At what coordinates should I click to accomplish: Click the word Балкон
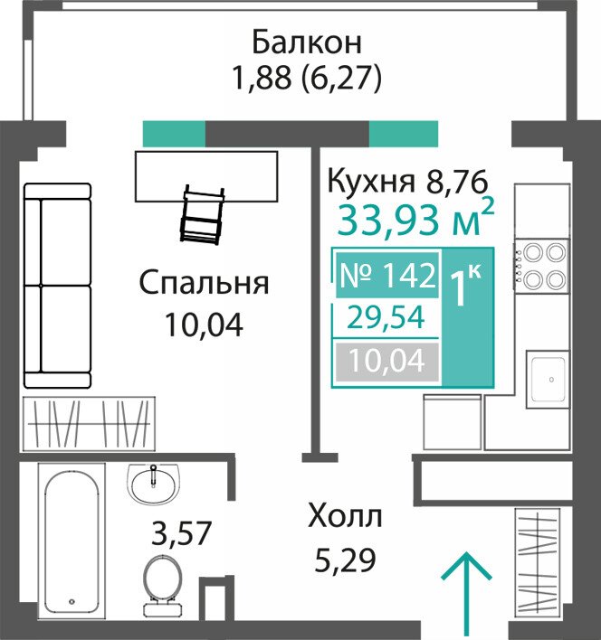(307, 42)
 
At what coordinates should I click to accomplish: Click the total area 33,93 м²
(416, 220)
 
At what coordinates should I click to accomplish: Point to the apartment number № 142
(387, 275)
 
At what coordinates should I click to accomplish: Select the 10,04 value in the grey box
(387, 361)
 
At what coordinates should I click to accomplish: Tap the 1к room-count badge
(465, 285)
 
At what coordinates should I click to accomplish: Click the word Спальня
(205, 283)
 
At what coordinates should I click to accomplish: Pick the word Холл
(345, 516)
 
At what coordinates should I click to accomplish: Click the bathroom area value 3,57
(181, 532)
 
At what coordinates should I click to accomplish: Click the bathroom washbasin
(153, 485)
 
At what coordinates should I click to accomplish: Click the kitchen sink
(548, 379)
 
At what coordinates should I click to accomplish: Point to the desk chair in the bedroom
(203, 215)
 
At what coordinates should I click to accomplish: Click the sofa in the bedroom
(57, 286)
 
